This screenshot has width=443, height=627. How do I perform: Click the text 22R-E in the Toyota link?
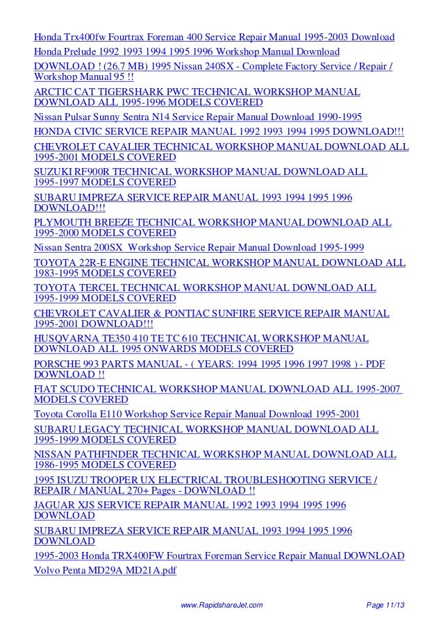[x=92, y=262]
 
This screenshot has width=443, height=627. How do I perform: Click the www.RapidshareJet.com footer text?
[x=221, y=606]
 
